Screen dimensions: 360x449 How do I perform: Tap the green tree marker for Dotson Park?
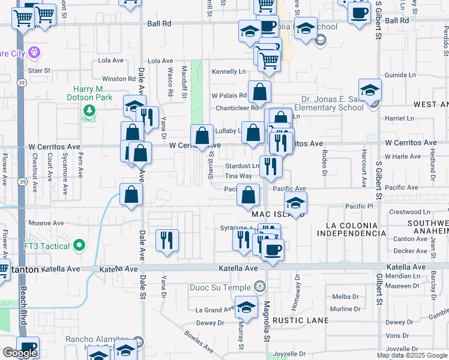point(89,110)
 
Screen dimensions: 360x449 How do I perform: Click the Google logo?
point(20,353)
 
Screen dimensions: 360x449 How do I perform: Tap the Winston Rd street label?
point(119,79)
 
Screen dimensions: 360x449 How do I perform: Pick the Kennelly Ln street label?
point(229,71)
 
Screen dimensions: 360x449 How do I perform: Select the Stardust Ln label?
point(241,166)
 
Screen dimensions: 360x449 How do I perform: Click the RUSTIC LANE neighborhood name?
point(301,320)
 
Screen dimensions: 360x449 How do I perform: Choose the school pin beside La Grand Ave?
point(246,307)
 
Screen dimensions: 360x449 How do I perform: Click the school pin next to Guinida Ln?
point(370,90)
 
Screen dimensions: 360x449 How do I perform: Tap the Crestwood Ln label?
point(410,212)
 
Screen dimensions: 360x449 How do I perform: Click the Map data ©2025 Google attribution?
point(411,355)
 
